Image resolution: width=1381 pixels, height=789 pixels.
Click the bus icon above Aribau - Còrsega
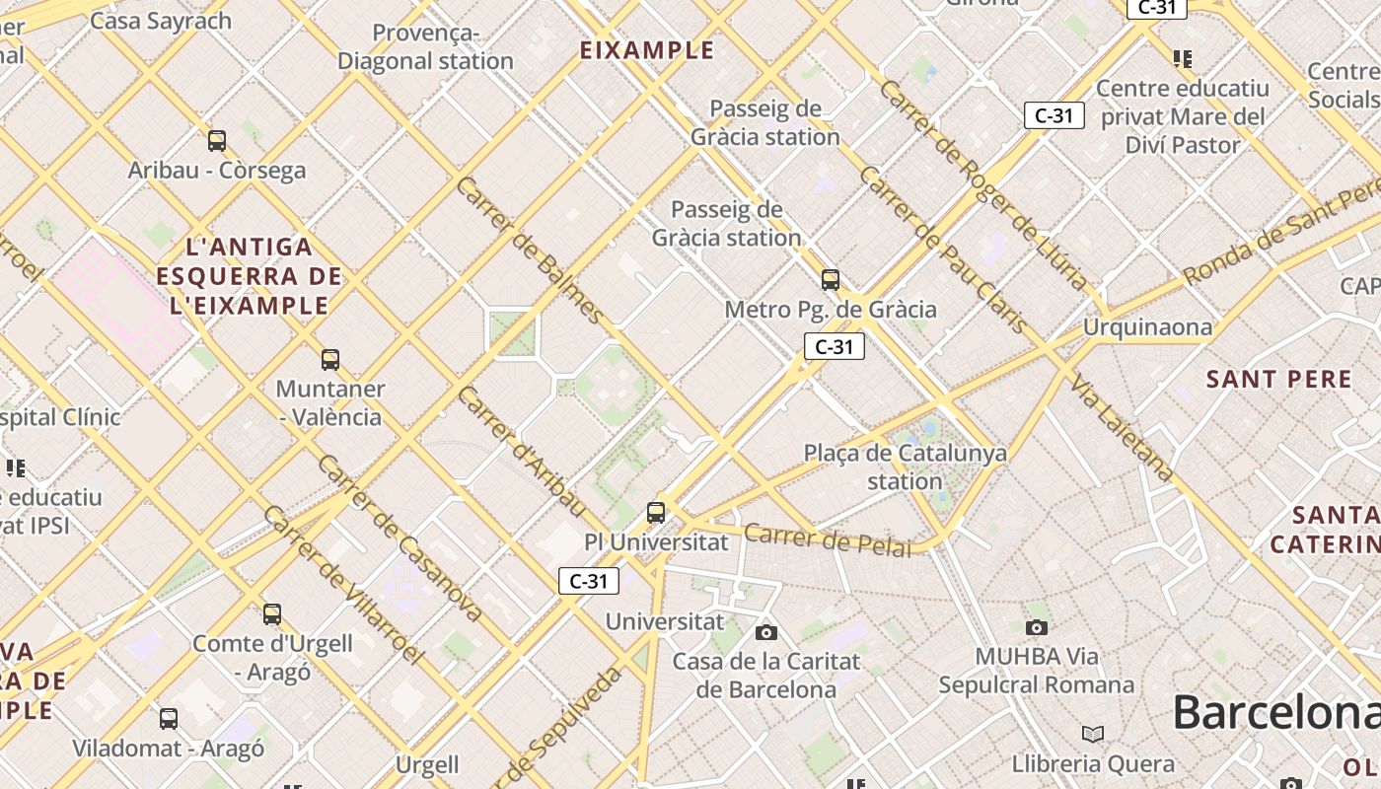click(x=217, y=141)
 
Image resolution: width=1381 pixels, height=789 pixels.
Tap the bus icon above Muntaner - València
click(x=330, y=360)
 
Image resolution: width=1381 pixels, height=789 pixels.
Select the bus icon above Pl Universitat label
click(x=656, y=513)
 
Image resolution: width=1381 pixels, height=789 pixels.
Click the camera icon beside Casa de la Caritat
click(x=766, y=632)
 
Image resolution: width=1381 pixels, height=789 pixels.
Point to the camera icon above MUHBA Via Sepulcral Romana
click(x=1036, y=627)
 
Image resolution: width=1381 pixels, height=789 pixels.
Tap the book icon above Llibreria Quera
click(x=1092, y=734)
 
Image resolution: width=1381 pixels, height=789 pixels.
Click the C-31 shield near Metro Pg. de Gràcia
click(x=835, y=346)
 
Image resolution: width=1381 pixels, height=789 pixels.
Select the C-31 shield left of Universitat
click(x=589, y=581)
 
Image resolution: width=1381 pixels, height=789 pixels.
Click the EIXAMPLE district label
click(x=646, y=50)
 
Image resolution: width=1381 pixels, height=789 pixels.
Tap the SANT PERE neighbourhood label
click(x=1278, y=379)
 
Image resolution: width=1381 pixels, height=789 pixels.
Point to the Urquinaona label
click(x=1147, y=326)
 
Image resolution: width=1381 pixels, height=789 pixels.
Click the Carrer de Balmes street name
click(x=530, y=251)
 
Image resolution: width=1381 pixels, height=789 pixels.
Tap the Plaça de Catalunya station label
click(x=905, y=466)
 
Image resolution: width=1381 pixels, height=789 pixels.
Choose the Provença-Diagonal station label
click(x=425, y=47)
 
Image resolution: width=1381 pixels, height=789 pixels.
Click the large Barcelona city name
click(x=1275, y=712)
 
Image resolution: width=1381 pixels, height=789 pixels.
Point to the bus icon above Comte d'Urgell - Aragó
click(x=272, y=614)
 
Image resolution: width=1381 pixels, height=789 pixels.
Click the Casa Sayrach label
click(x=161, y=20)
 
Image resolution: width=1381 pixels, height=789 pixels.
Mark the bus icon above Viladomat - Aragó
click(x=169, y=719)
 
